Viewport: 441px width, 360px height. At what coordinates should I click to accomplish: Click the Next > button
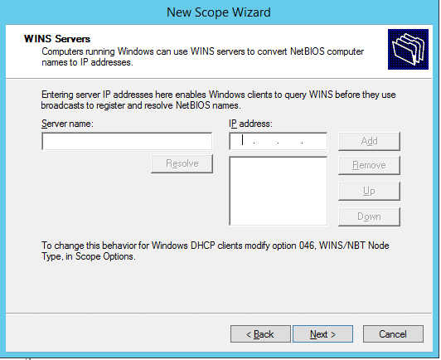tap(322, 334)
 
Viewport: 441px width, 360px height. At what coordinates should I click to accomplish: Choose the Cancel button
tap(393, 334)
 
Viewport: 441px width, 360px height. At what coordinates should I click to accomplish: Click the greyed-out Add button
tap(369, 141)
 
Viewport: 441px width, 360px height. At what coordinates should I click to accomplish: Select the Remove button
tap(369, 165)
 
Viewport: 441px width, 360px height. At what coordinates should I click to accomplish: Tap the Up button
tap(369, 191)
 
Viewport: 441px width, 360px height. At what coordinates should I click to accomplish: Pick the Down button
tap(369, 216)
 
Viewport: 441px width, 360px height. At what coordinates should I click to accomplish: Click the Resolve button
tap(182, 163)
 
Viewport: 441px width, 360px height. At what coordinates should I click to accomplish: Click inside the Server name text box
tap(127, 141)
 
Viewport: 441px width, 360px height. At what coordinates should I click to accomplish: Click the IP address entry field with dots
tap(279, 141)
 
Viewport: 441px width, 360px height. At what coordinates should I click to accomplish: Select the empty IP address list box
tap(279, 191)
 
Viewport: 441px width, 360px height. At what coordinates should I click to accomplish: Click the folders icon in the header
tap(408, 49)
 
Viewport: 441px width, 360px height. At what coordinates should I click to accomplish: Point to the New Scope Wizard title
tap(219, 12)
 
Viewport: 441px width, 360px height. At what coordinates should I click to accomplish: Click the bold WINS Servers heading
tap(57, 39)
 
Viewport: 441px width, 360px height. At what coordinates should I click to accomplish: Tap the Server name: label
tap(67, 124)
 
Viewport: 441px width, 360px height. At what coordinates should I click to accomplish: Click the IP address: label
tap(250, 124)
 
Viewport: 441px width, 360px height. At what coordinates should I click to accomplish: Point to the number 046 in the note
tap(307, 246)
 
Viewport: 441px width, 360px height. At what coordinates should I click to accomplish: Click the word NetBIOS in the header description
tap(307, 51)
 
